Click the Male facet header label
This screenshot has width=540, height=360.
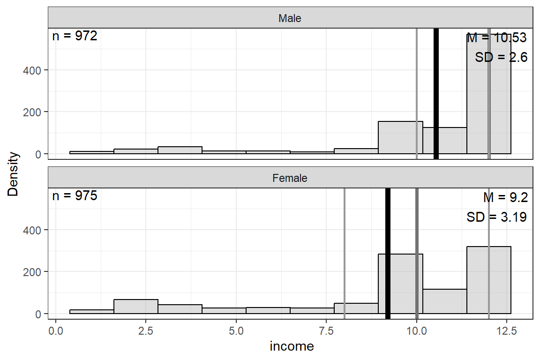click(290, 19)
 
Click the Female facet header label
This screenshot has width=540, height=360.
click(290, 179)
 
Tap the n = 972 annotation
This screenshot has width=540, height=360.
click(75, 36)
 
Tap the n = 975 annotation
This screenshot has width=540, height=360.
click(75, 195)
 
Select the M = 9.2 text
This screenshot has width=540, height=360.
click(505, 197)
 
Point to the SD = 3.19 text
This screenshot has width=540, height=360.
click(497, 217)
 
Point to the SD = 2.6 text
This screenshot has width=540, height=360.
click(501, 57)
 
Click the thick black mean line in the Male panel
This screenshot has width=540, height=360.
click(436, 94)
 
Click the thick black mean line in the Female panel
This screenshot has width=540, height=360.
click(388, 253)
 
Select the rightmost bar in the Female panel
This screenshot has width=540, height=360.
click(488, 281)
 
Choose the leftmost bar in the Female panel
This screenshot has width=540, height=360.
click(91, 312)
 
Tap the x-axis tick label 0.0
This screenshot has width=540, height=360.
click(56, 330)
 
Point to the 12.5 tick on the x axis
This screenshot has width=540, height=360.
click(506, 330)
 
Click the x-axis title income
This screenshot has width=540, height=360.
click(292, 347)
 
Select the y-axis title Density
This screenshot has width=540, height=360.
click(13, 173)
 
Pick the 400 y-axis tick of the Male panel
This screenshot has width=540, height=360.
click(34, 70)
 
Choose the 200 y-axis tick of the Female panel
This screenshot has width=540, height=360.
click(34, 272)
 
